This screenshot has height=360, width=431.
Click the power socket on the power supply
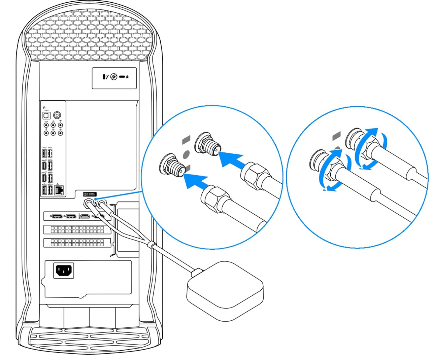(64, 270)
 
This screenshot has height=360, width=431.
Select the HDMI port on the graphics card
(85, 216)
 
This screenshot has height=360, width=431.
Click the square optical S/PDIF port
(46, 115)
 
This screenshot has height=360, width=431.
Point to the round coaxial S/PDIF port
(57, 115)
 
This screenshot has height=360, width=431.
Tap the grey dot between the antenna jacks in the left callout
(186, 154)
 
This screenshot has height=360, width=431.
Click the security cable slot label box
(114, 78)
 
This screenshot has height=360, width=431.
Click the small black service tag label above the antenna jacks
(90, 194)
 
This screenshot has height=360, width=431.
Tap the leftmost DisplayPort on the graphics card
(56, 216)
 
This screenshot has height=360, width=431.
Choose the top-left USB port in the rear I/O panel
(44, 153)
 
